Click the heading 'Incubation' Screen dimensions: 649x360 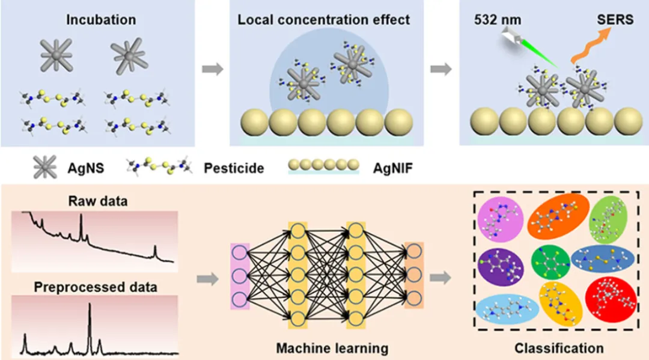pyautogui.click(x=101, y=19)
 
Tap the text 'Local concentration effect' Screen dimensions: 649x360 pyautogui.click(x=324, y=19)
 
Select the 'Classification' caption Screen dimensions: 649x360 pyautogui.click(x=559, y=348)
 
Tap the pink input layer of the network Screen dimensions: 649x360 pyautogui.click(x=240, y=277)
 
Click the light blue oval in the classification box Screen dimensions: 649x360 pyautogui.click(x=505, y=308)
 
